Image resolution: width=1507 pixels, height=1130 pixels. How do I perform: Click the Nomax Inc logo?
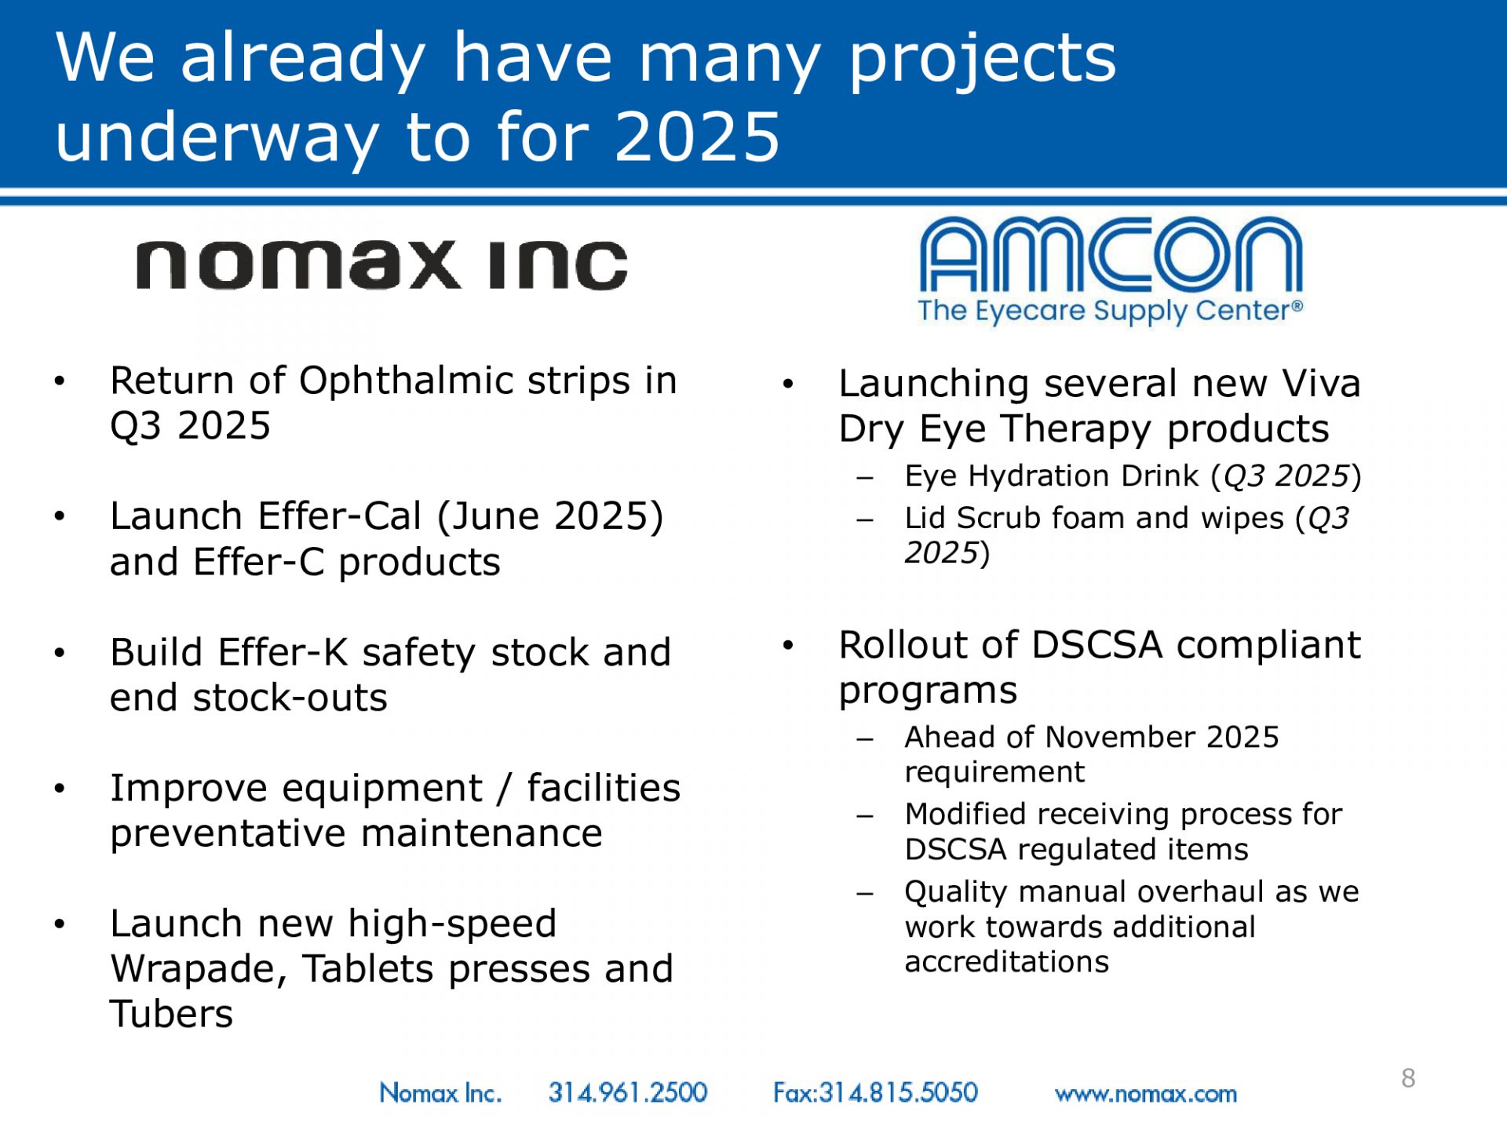(x=382, y=265)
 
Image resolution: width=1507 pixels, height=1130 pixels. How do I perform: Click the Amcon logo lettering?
(x=1111, y=254)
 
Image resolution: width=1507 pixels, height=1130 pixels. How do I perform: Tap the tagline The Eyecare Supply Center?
(x=1111, y=311)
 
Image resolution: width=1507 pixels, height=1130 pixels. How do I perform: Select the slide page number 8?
(x=1408, y=1078)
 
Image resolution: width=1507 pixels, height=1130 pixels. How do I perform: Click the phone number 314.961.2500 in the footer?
(x=628, y=1092)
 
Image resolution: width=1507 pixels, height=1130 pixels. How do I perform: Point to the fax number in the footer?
(x=875, y=1092)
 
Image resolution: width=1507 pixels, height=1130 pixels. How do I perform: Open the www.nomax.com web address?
(x=1146, y=1094)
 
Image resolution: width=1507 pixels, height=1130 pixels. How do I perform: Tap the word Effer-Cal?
(x=340, y=516)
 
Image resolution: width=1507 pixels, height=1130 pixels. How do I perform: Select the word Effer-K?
(x=283, y=652)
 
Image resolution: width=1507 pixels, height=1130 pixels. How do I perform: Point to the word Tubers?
(x=172, y=1014)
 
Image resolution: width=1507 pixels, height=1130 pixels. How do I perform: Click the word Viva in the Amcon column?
(x=1321, y=384)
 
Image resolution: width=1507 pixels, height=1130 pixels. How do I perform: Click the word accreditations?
(x=1007, y=962)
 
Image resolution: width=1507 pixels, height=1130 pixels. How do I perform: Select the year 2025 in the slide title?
(x=698, y=137)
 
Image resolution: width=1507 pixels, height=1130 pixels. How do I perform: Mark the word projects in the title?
(x=983, y=60)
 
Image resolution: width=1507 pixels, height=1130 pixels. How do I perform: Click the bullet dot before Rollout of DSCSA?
(x=788, y=645)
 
